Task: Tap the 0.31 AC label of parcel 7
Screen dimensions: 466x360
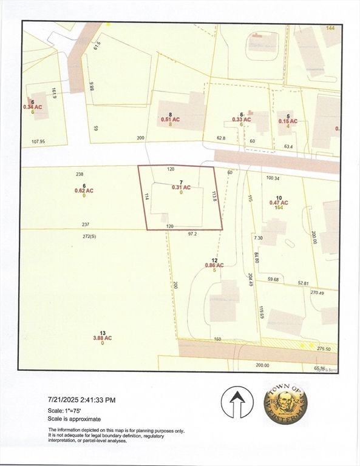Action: pyautogui.click(x=182, y=187)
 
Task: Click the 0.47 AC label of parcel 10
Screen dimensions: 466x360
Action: pyautogui.click(x=279, y=203)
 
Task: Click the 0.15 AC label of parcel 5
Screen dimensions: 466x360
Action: pyautogui.click(x=288, y=121)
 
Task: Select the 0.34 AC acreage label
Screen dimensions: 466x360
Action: pyautogui.click(x=33, y=107)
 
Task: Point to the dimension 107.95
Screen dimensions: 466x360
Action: pyautogui.click(x=38, y=141)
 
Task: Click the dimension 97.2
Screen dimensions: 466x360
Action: pyautogui.click(x=193, y=233)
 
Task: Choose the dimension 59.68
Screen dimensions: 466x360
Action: pyautogui.click(x=277, y=280)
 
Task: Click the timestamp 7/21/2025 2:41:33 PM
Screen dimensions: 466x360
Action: pyautogui.click(x=81, y=400)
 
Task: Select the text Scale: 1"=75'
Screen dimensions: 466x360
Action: pyautogui.click(x=67, y=410)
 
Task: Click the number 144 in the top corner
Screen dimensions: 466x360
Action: pyautogui.click(x=330, y=28)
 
